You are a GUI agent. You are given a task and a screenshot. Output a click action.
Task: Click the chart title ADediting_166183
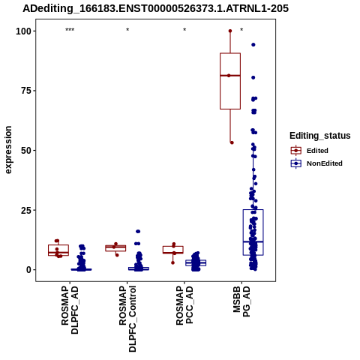[155, 9]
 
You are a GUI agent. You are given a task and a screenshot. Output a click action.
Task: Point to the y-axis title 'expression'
[8, 150]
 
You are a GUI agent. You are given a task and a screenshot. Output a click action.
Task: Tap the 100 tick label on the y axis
[24, 31]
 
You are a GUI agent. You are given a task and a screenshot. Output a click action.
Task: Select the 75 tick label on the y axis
[26, 91]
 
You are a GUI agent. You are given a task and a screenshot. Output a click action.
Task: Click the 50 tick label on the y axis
[26, 151]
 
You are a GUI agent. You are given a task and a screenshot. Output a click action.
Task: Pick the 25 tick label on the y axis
[26, 210]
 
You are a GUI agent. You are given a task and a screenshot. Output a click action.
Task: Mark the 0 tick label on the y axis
[29, 270]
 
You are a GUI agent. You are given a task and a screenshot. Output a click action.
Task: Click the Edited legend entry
[317, 151]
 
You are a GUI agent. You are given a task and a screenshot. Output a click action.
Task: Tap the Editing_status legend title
[320, 136]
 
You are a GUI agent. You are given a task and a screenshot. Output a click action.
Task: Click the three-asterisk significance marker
[70, 30]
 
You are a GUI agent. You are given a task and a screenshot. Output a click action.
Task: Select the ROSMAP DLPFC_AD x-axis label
[70, 310]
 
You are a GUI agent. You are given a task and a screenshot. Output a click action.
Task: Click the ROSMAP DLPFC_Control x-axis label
[127, 319]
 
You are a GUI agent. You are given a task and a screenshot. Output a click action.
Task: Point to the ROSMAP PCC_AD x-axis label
[184, 305]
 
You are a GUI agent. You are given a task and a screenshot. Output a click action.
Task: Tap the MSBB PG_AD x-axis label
[241, 301]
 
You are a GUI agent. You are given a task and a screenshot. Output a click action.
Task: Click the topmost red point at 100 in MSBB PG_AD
[230, 31]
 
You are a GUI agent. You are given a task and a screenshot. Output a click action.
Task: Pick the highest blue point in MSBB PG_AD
[253, 45]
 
